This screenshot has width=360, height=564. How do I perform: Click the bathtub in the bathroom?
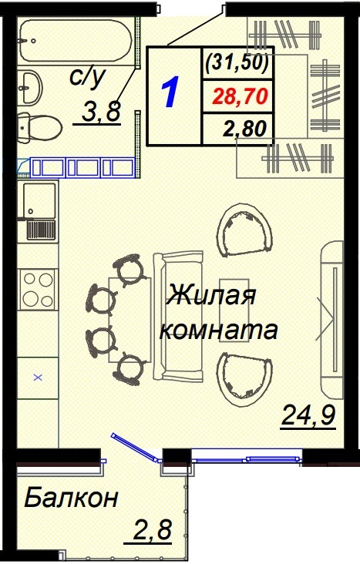(x=76, y=39)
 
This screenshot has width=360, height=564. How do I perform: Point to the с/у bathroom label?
(x=86, y=77)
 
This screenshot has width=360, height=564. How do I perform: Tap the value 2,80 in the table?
(x=244, y=129)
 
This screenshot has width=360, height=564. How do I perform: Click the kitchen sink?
(x=38, y=200)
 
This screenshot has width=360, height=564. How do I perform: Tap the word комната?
(x=217, y=331)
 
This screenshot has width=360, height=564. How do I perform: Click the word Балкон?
(x=71, y=499)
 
